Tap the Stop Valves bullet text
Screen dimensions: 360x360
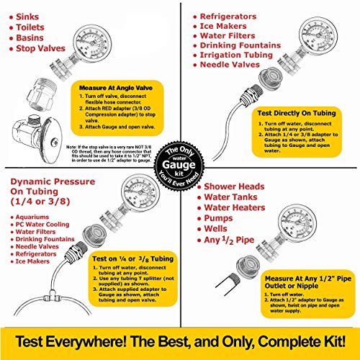(x=46, y=50)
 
